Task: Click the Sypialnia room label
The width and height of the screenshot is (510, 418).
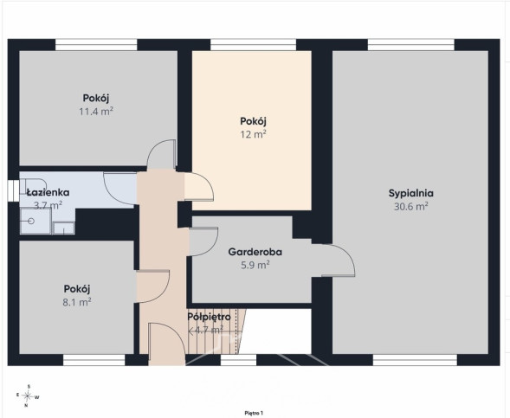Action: coord(411,193)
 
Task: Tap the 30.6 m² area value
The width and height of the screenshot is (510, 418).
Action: coord(411,206)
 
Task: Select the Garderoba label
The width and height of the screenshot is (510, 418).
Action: coord(255,252)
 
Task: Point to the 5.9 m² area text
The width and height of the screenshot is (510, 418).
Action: coord(255,265)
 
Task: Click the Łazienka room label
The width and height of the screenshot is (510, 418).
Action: coord(48,192)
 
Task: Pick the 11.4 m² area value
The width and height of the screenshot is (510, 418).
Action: coord(96,112)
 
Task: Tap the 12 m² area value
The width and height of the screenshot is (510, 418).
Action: coord(253,134)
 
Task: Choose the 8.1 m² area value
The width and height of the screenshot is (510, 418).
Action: coord(77,302)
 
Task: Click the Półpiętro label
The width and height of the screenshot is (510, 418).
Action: coord(210,317)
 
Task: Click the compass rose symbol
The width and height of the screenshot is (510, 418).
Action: coord(28,395)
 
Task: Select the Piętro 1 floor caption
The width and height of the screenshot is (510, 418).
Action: coord(254,413)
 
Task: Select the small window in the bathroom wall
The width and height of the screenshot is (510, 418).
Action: coord(13,190)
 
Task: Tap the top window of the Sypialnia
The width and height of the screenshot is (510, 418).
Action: coord(411,45)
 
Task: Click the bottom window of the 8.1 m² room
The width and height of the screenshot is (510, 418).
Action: coord(94,360)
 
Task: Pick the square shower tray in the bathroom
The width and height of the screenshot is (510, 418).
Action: coord(36,221)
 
